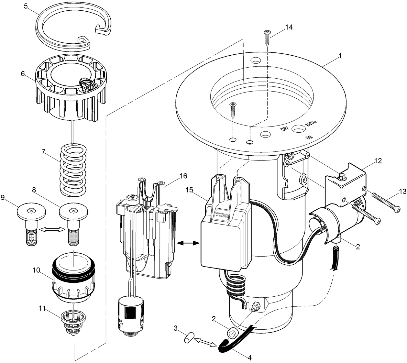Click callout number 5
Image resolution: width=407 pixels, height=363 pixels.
click(26, 7)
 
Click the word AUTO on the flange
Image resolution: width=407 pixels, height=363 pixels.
click(311, 124)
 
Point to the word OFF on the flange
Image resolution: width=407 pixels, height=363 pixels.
click(285, 128)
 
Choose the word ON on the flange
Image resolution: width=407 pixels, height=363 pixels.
click(310, 137)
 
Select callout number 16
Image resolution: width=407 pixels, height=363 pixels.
click(183, 176)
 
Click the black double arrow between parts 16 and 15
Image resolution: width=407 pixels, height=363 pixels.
click(187, 243)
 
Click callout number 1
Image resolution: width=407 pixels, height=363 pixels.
click(339, 55)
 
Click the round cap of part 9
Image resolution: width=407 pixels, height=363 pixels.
click(31, 212)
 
